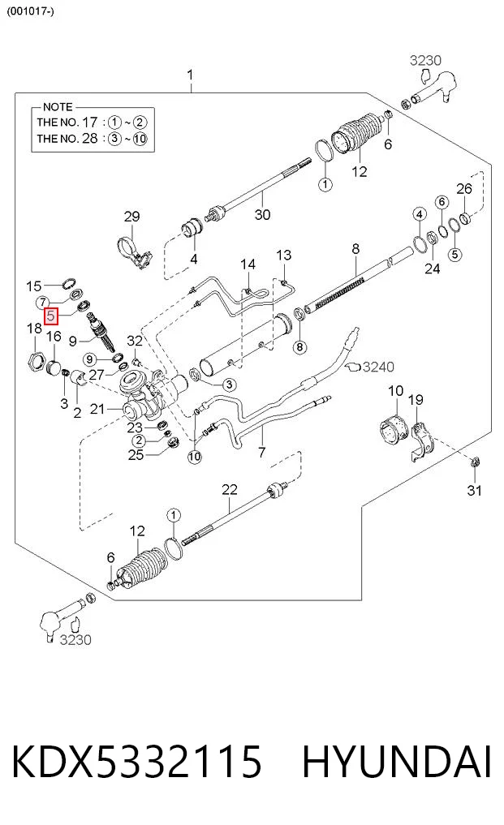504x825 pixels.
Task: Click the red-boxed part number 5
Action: coord(51,316)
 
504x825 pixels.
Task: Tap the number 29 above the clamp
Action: coord(131,217)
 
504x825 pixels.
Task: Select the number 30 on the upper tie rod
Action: coord(262,214)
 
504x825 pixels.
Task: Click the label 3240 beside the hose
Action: coord(379,366)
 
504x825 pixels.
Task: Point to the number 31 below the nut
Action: coord(475,490)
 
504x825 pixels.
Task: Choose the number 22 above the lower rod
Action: coord(230,489)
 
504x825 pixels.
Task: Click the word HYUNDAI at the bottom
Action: coord(396,760)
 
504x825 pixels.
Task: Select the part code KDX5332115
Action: coord(136,760)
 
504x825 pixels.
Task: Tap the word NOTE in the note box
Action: coord(58,107)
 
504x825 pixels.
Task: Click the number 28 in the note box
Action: coord(90,139)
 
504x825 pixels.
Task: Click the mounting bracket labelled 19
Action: coord(420,441)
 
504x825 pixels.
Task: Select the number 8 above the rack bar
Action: coord(355,248)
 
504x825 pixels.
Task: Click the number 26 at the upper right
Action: coord(464,188)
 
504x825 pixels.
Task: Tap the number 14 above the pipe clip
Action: coord(248,264)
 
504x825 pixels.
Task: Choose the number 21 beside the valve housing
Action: coord(97,408)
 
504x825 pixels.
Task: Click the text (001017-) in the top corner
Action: coord(30,11)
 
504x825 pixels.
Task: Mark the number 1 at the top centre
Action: coord(190,75)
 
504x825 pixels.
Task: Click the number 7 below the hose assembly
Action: coord(262,451)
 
